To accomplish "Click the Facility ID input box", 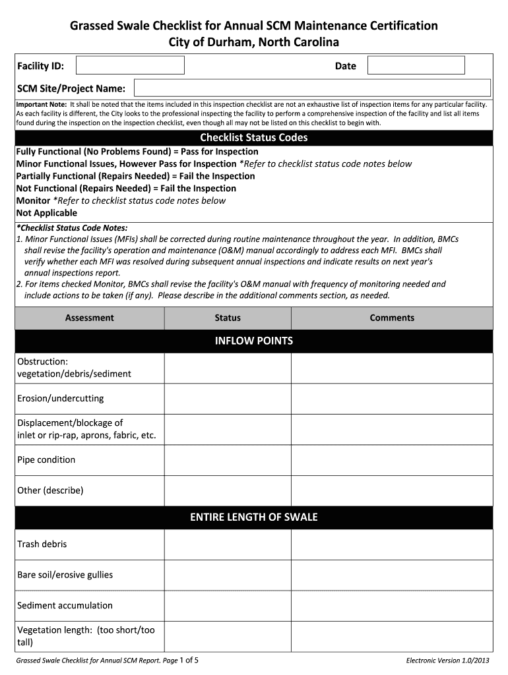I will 130,65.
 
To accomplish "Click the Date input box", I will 416,65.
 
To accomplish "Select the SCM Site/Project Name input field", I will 312,88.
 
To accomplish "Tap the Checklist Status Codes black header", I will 253,138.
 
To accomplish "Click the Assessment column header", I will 89,318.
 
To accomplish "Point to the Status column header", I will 228,318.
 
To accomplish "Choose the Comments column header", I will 392,318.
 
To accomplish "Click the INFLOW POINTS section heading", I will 253,341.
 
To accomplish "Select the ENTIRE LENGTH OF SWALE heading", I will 253,517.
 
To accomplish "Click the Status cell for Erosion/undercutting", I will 228,399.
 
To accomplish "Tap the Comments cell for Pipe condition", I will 392,460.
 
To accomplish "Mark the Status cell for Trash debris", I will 228,544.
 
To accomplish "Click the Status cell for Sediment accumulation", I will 228,606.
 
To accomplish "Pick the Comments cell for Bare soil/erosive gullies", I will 392,575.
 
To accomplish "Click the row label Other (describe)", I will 50,490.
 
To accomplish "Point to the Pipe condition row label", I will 46,459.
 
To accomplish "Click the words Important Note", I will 41,104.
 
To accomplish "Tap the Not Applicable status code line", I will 46,213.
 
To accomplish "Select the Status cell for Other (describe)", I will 228,491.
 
